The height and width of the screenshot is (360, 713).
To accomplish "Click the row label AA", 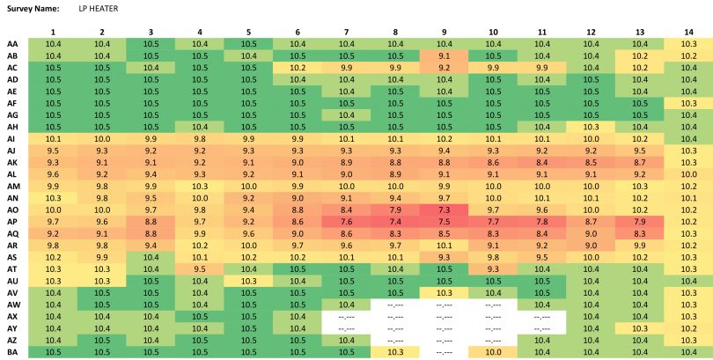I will coord(12,43).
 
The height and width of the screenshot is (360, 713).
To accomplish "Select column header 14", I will coord(687,32).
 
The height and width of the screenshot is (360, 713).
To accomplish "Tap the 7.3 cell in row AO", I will coord(444,210).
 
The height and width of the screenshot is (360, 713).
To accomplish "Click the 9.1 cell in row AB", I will coord(444,55).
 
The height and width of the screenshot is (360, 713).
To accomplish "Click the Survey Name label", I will coord(33,8).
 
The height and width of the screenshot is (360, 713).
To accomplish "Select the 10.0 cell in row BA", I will coord(492,352).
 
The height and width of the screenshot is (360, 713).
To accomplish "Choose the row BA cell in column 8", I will coord(394,352).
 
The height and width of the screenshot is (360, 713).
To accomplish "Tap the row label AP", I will coord(12,222).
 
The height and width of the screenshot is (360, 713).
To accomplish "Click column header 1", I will coord(53,32).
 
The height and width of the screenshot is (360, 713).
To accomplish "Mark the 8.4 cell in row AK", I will coord(541,162).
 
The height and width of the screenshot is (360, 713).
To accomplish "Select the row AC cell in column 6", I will coord(298,67).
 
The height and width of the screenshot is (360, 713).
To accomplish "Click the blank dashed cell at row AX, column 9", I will coord(444,316).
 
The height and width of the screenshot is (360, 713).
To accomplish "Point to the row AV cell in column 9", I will coord(444,292).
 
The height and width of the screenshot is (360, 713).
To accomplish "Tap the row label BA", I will coord(12,352).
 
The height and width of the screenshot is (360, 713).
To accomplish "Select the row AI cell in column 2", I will coord(102,138).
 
